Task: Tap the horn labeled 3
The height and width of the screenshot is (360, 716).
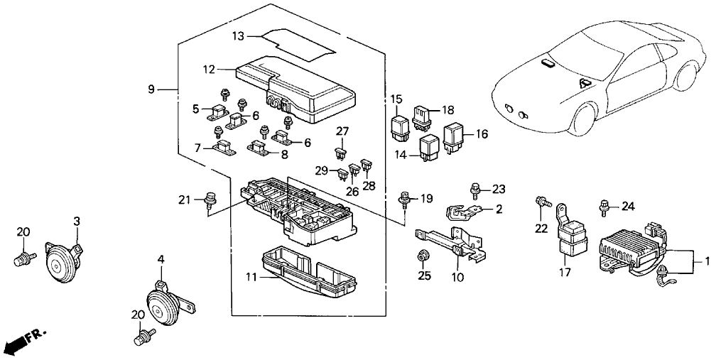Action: pos(60,261)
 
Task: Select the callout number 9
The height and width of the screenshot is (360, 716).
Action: pos(151,89)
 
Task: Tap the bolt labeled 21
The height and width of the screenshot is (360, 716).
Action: pos(209,197)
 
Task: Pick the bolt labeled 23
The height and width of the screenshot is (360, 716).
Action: pos(476,190)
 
